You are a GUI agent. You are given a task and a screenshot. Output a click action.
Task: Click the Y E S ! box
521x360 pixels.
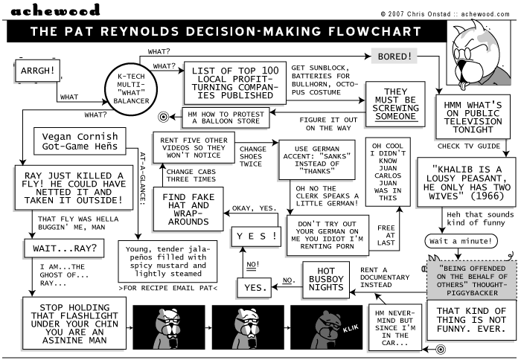tap(256, 236)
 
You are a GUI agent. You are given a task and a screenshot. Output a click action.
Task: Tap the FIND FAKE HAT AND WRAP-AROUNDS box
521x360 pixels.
tap(188, 208)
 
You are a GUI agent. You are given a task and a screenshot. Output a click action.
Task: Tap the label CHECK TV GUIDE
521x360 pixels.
tap(467, 147)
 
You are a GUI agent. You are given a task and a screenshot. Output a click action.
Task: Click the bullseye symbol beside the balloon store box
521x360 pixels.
tap(164, 117)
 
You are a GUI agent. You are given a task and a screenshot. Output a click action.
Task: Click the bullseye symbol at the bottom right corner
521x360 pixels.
tap(440, 348)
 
